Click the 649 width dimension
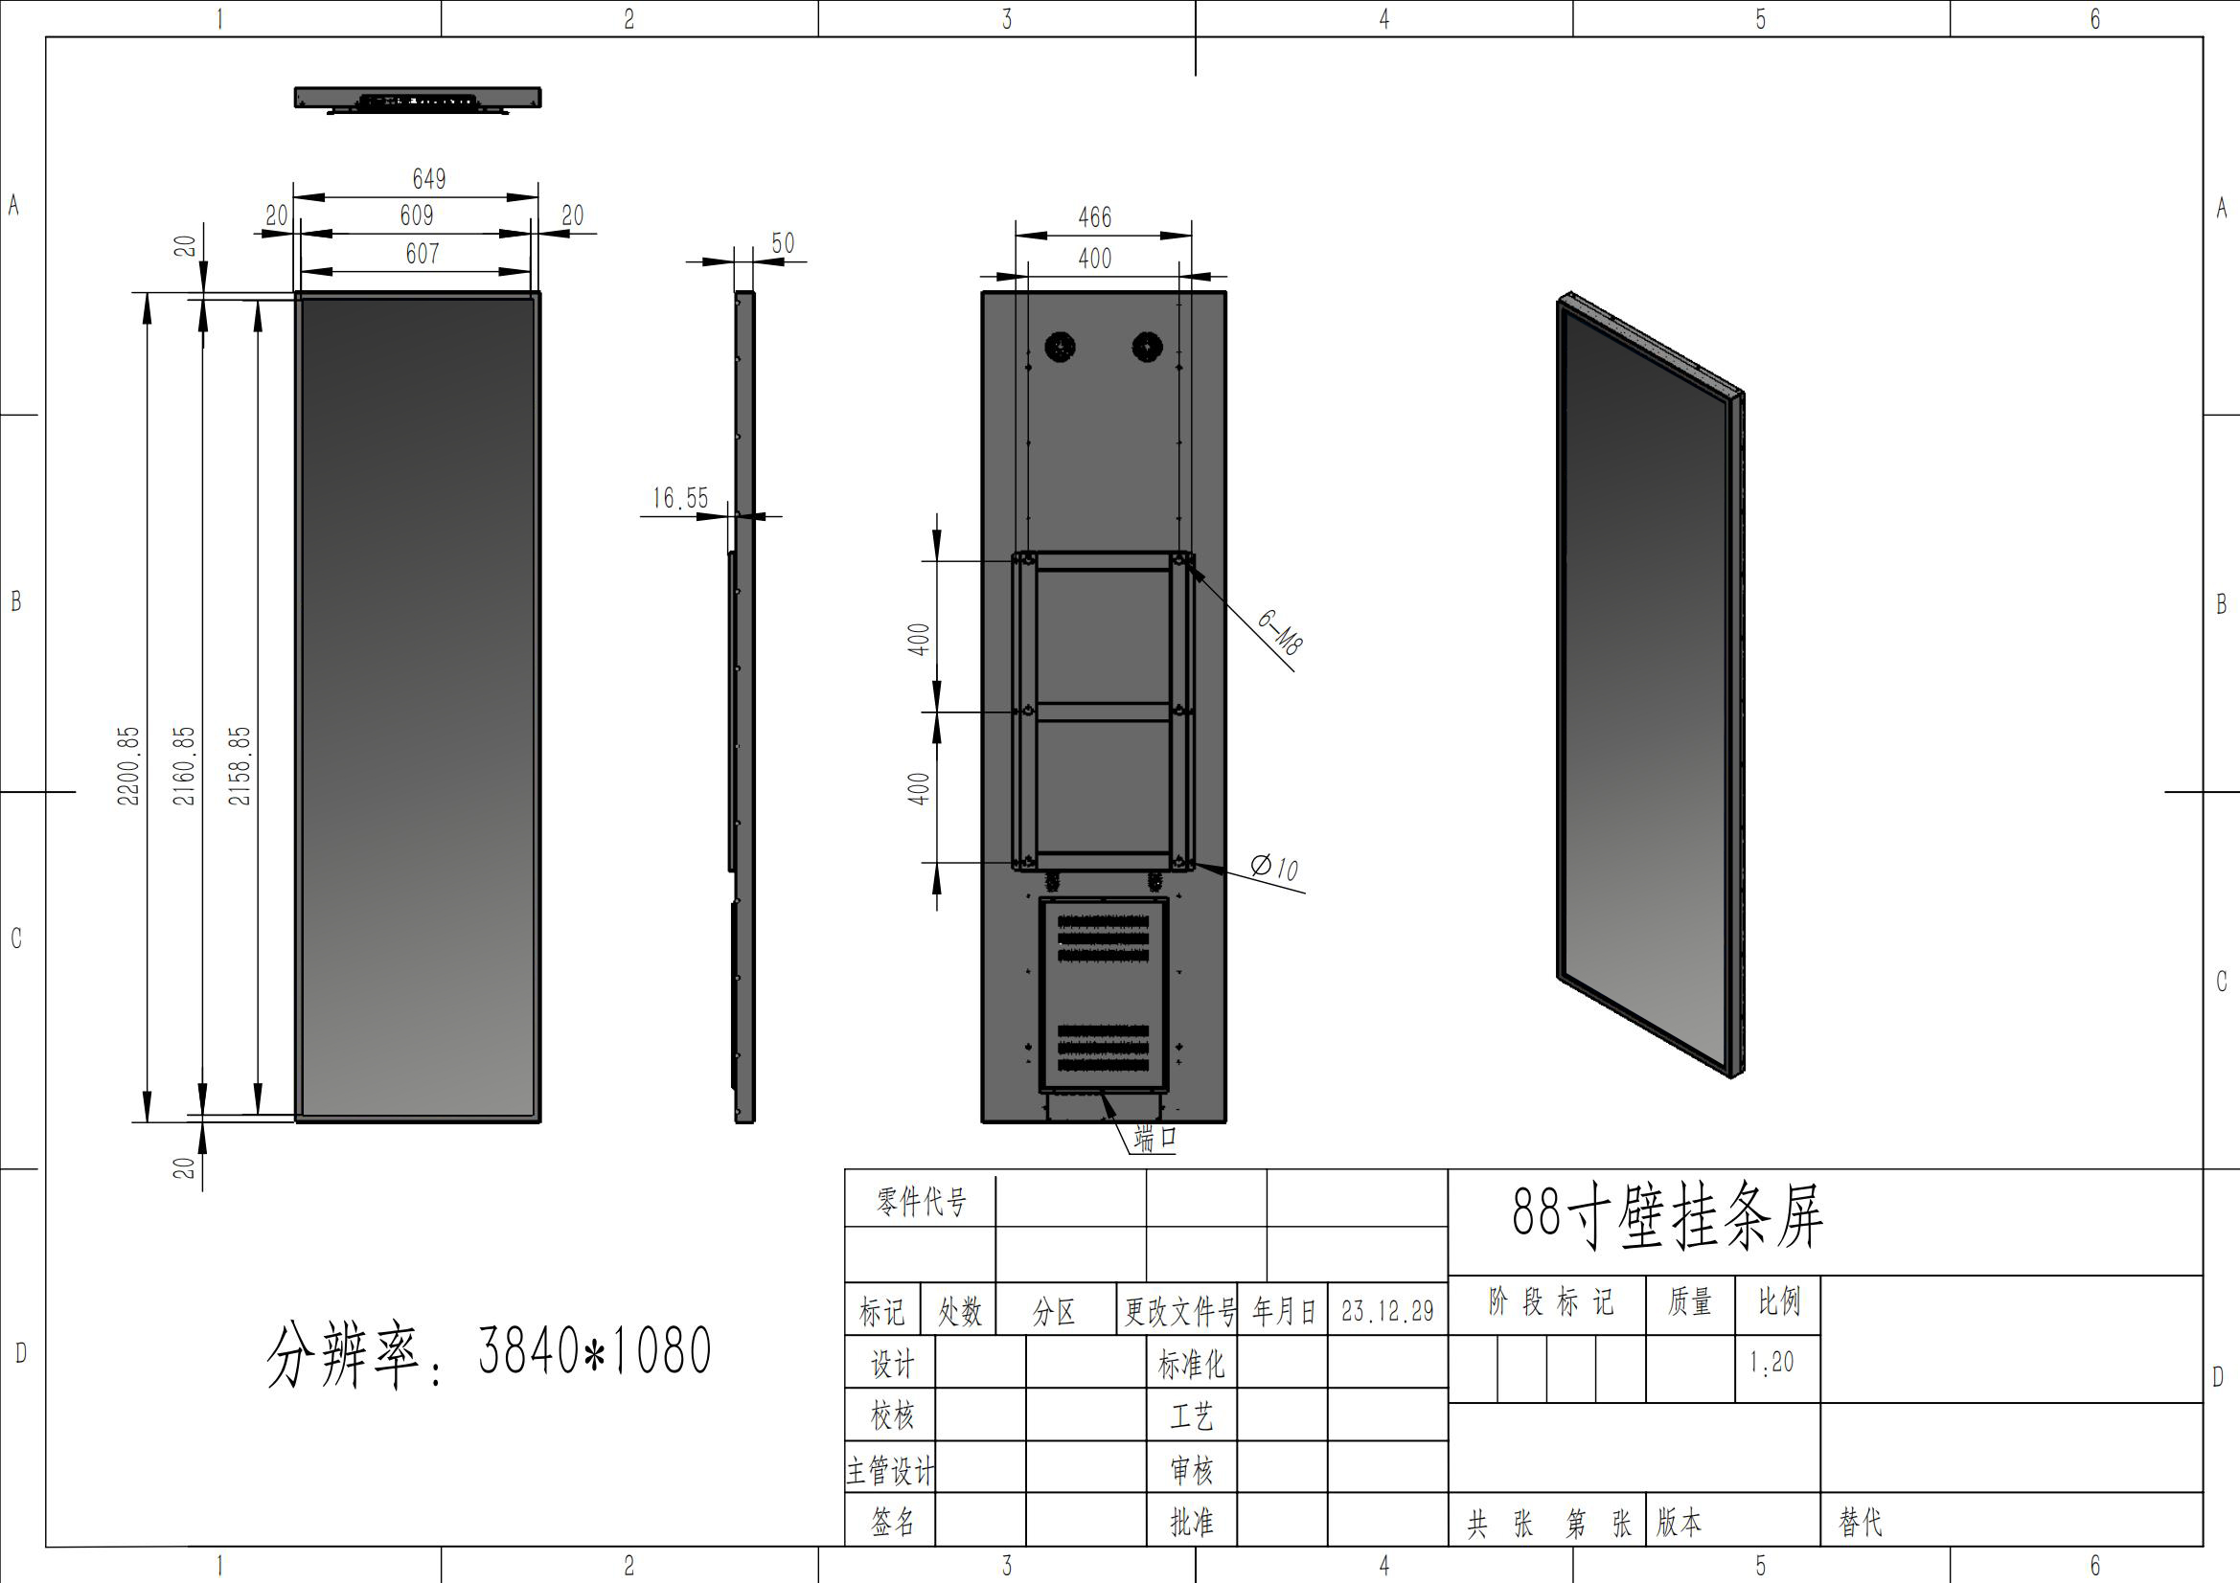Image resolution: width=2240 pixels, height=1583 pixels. pyautogui.click(x=428, y=178)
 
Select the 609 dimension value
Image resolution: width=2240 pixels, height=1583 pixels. pyautogui.click(x=417, y=215)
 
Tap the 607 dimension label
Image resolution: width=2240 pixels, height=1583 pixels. pyautogui.click(x=423, y=254)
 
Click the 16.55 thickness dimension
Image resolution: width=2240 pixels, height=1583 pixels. pyautogui.click(x=680, y=498)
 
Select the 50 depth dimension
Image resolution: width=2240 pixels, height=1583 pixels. pyautogui.click(x=783, y=243)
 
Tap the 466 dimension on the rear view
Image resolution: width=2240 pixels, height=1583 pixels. pyautogui.click(x=1095, y=217)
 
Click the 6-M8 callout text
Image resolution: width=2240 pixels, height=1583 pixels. pyautogui.click(x=1279, y=632)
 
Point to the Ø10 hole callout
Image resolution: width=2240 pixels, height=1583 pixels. pyautogui.click(x=1275, y=867)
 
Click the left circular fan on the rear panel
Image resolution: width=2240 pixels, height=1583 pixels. pyautogui.click(x=1060, y=347)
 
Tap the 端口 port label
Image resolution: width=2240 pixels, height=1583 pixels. pyautogui.click(x=1155, y=1138)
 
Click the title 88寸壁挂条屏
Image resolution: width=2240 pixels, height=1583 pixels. pyautogui.click(x=1666, y=1217)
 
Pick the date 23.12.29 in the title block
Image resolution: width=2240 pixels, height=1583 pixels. pyautogui.click(x=1387, y=1311)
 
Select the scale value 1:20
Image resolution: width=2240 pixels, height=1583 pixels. pyautogui.click(x=1771, y=1363)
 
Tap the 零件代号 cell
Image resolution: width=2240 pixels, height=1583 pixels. pyautogui.click(x=920, y=1202)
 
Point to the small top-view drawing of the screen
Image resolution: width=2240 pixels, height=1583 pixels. pyautogui.click(x=418, y=99)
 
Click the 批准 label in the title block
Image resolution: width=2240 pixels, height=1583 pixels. pyautogui.click(x=1191, y=1523)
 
